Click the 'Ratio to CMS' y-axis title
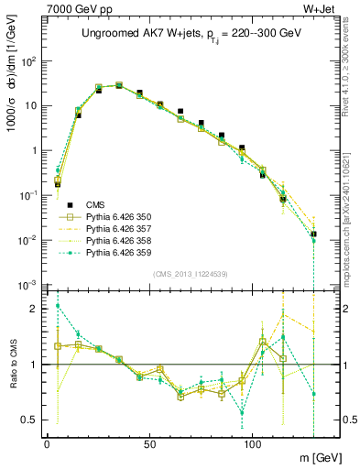[x=12, y=365]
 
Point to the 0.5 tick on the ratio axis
[x=30, y=420]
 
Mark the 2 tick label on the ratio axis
[x=35, y=309]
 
